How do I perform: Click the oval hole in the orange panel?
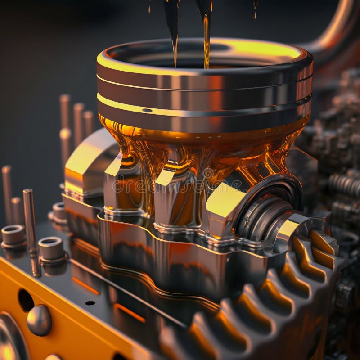coord(26,300)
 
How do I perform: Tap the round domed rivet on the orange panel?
coord(39,320)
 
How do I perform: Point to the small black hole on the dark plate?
coord(90,303)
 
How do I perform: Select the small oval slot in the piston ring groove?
coord(147,110)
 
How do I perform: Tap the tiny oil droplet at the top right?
coord(255,13)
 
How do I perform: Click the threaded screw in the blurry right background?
coord(344,184)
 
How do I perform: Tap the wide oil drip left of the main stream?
coord(172,27)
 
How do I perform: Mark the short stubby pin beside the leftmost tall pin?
coord(17,209)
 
